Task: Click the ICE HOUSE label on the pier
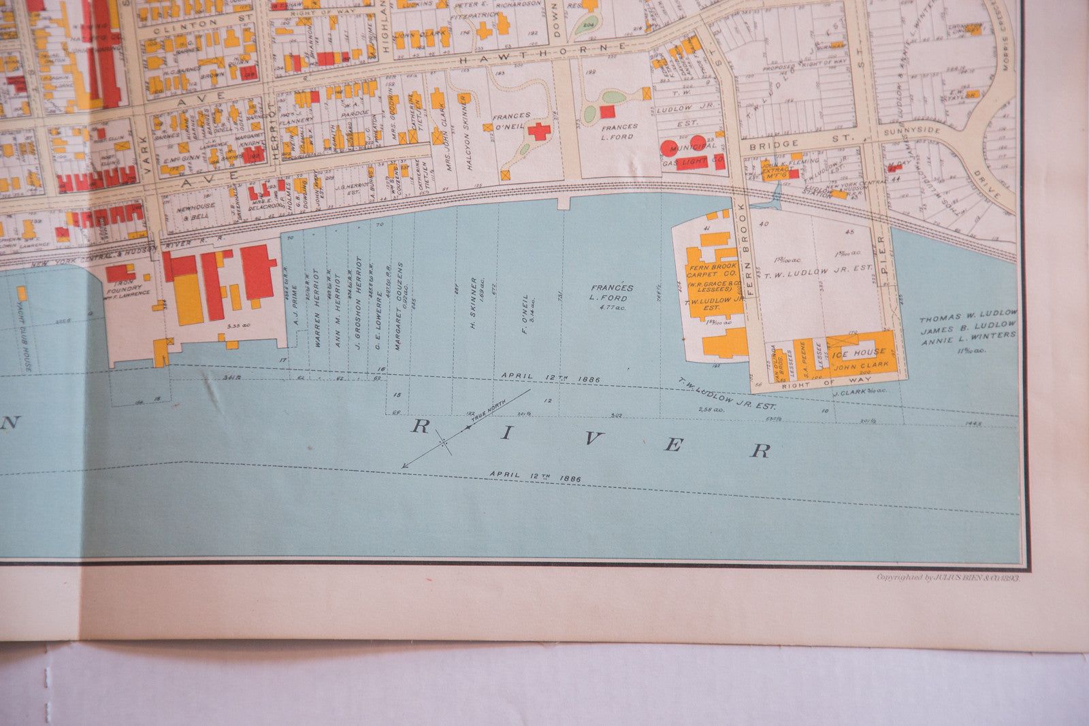tap(858, 352)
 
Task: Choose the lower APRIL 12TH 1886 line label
tap(535, 476)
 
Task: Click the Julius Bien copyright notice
tap(947, 576)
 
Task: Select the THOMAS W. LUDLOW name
tap(967, 316)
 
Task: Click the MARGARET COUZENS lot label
tap(400, 306)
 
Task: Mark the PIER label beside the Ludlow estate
tap(883, 259)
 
